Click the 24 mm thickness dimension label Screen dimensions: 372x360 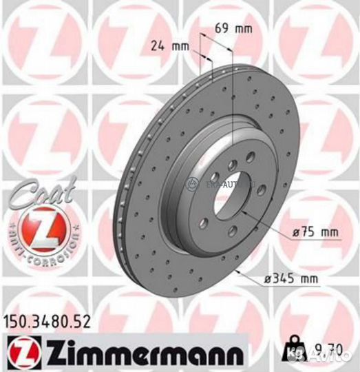point(169,47)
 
